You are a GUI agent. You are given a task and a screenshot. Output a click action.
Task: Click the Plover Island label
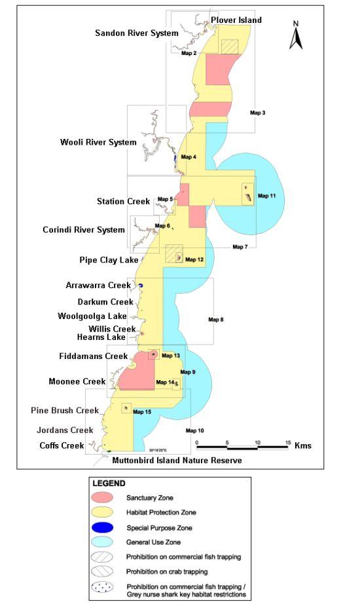pos(236,20)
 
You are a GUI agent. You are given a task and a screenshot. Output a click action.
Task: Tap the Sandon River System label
pos(136,33)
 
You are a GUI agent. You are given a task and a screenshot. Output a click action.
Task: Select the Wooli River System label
pos(98,142)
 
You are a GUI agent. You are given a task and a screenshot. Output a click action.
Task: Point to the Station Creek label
pos(123,201)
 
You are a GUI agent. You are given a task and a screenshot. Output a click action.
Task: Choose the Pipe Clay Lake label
pos(109,259)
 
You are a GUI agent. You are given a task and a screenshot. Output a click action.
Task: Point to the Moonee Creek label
pos(77,381)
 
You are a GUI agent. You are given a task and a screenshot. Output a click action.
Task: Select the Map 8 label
pos(216,320)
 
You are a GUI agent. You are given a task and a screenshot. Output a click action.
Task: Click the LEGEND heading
pos(109,483)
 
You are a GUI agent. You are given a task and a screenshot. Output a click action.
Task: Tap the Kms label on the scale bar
pos(303,445)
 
